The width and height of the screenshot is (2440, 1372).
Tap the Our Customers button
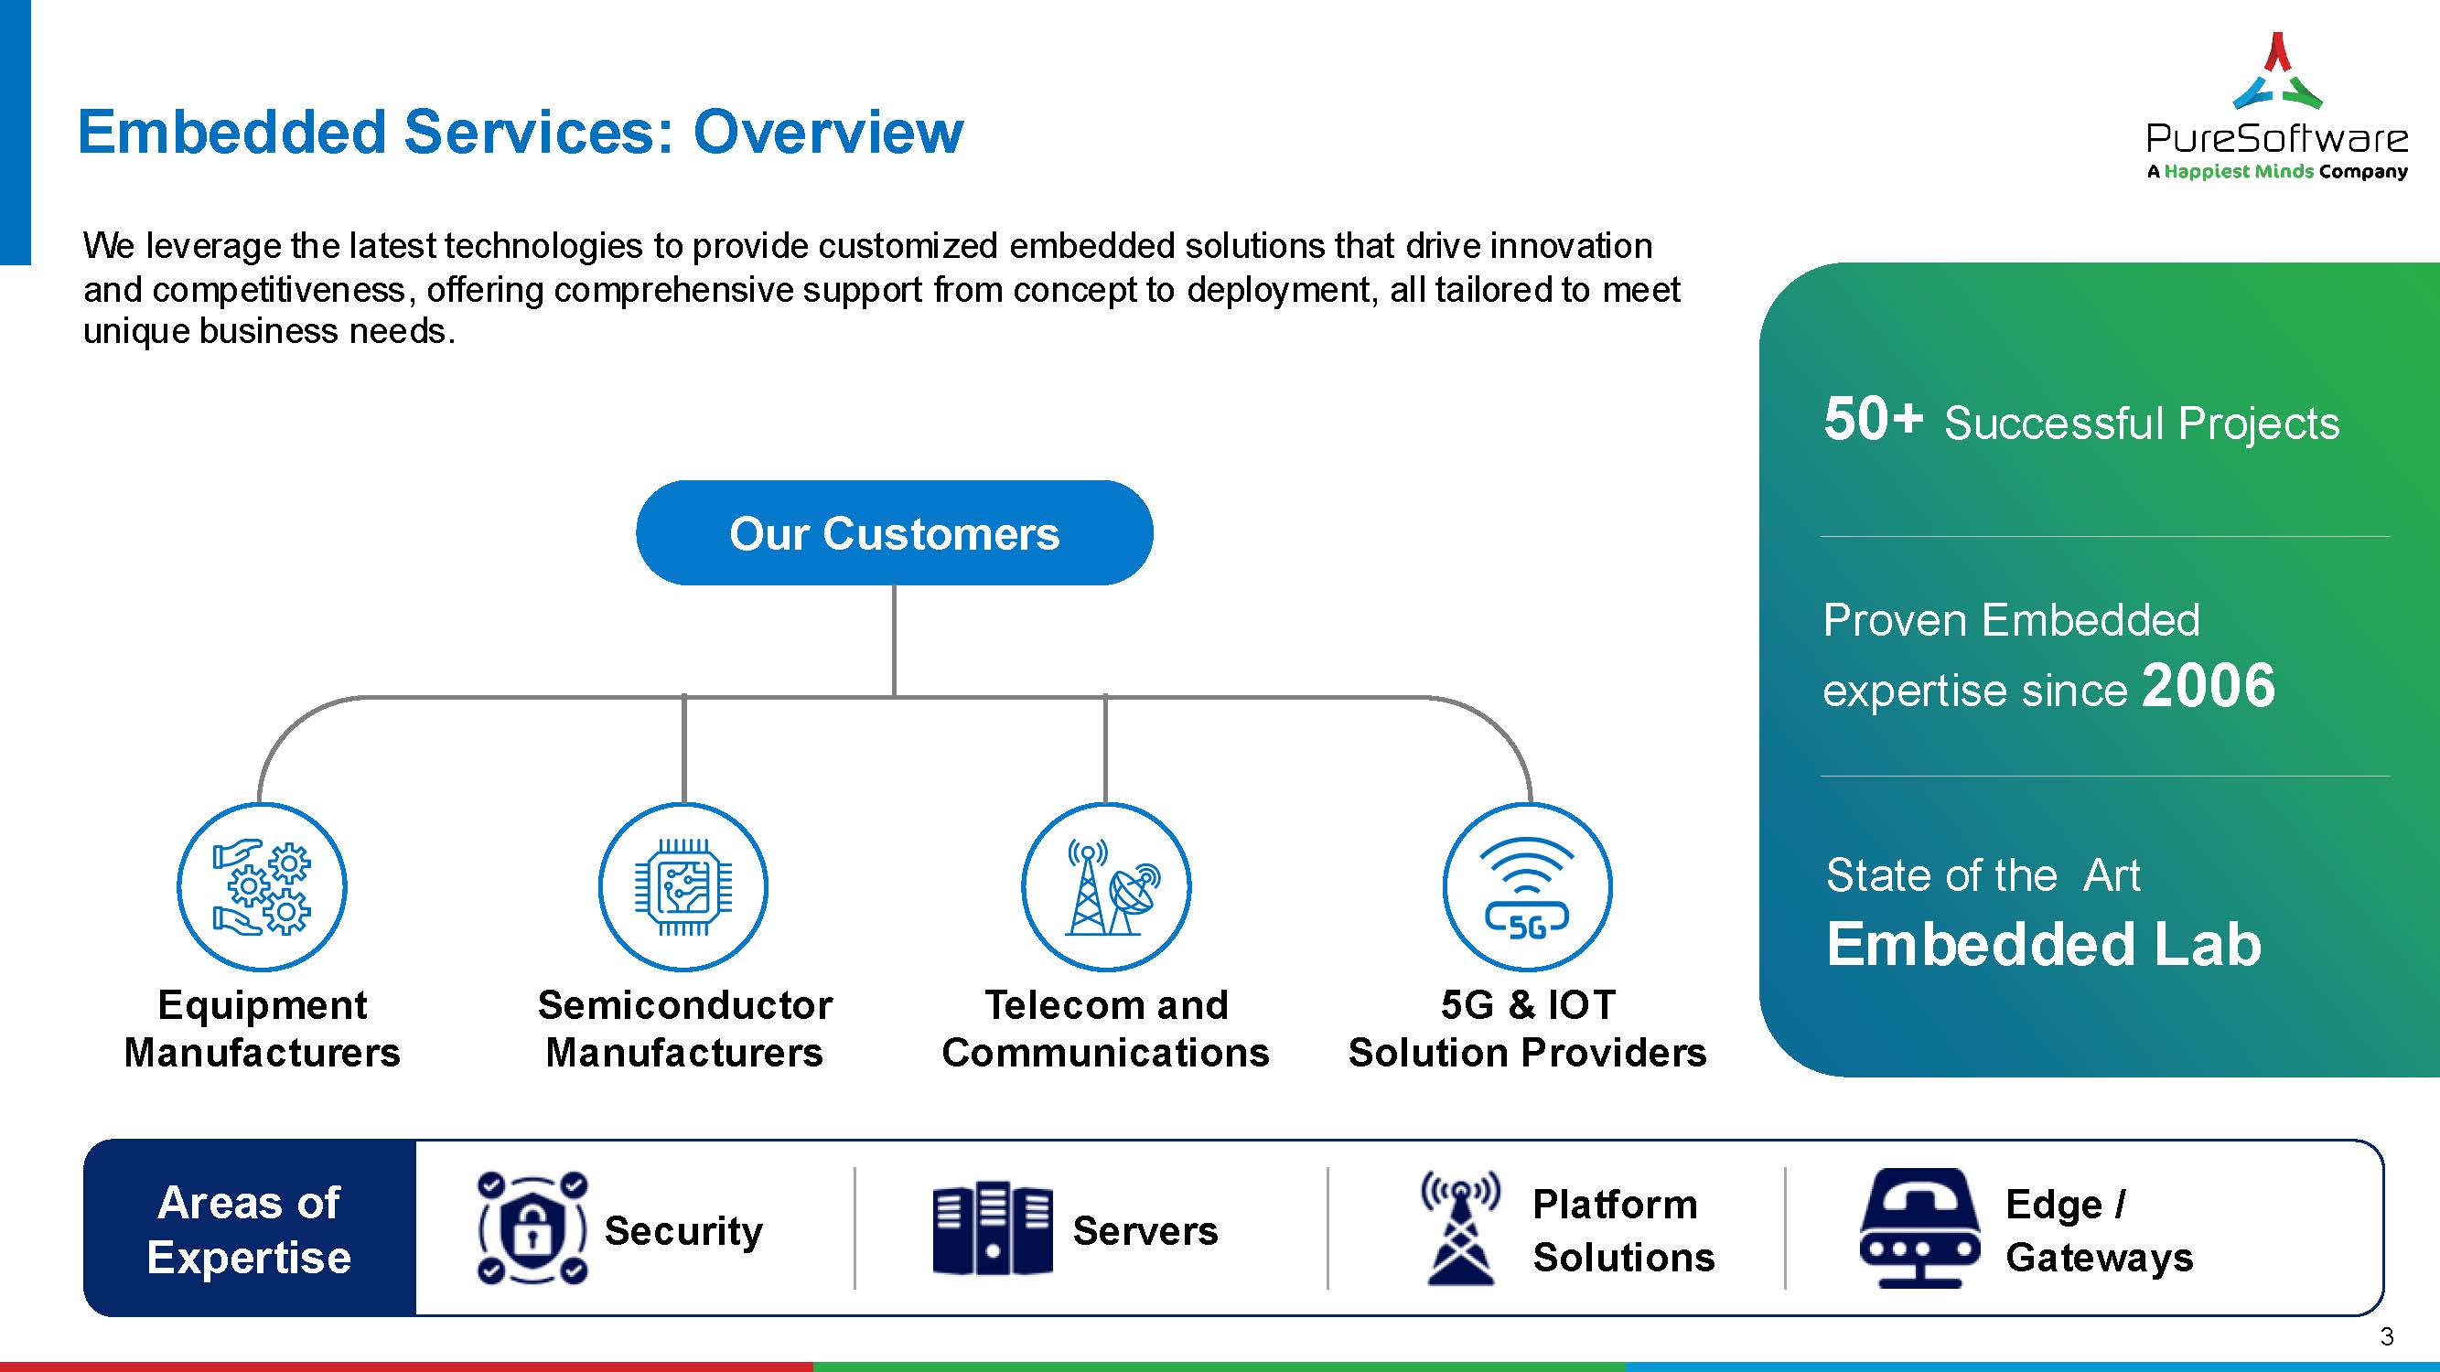point(894,533)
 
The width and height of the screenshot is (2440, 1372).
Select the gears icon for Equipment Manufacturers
point(262,887)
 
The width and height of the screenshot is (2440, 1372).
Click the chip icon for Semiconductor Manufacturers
point(683,887)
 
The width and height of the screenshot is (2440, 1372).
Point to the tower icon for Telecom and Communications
point(1105,887)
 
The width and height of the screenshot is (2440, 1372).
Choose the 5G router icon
point(1527,887)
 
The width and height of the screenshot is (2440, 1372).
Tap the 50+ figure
point(1873,419)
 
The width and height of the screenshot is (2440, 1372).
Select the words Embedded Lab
point(2043,944)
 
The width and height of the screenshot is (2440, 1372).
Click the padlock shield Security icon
point(532,1228)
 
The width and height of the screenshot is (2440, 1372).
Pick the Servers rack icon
point(992,1228)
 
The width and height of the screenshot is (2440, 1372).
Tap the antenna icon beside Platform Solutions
point(1460,1228)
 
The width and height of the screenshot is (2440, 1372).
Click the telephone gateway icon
point(1919,1228)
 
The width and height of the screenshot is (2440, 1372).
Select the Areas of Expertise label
point(249,1229)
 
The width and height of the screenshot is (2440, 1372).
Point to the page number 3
point(2387,1337)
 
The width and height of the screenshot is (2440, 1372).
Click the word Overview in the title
point(828,132)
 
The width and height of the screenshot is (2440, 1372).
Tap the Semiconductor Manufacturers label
point(684,1028)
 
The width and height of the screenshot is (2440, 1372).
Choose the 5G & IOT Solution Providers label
point(1527,1028)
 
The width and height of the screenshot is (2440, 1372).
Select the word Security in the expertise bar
point(683,1230)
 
